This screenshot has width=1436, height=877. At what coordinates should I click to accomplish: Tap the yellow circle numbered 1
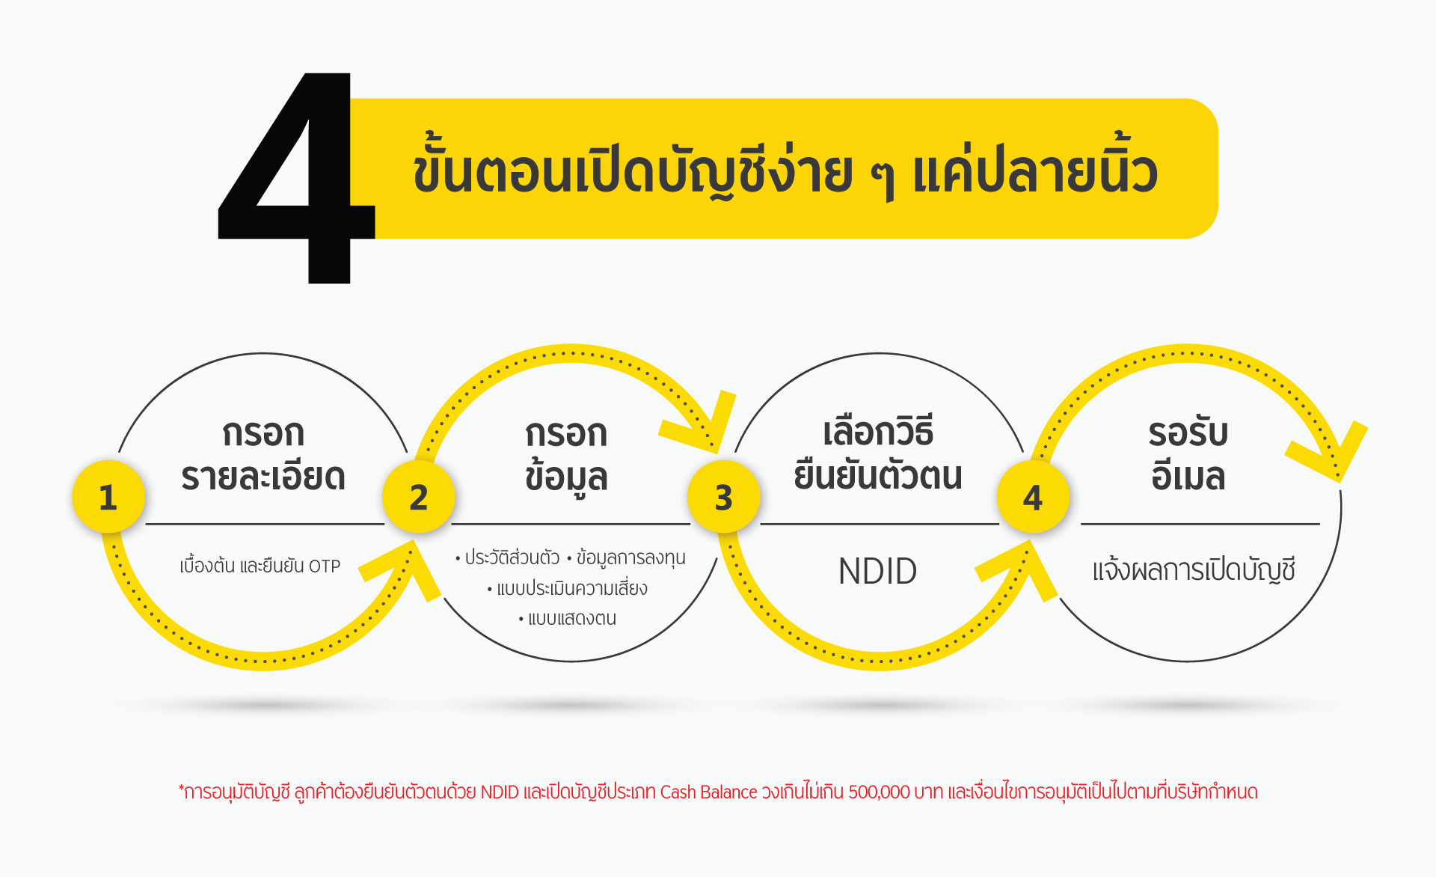tap(108, 497)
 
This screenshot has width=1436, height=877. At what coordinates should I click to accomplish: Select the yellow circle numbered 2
tap(419, 497)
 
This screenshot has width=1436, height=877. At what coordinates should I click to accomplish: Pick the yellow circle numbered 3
tap(724, 497)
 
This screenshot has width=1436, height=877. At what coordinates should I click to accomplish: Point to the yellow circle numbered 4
tap(1033, 497)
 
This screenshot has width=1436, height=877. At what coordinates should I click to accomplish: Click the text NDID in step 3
tap(877, 572)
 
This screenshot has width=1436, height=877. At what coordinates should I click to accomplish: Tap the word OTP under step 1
tap(325, 566)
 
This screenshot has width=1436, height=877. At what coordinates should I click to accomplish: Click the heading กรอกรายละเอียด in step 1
tap(263, 455)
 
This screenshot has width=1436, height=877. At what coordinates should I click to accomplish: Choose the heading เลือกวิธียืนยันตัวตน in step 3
tap(878, 453)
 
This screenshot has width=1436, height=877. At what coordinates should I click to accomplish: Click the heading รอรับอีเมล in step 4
tap(1188, 453)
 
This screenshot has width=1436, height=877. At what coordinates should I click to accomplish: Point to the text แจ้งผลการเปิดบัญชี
tap(1194, 571)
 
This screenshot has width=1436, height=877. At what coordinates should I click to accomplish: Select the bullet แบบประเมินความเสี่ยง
tap(568, 589)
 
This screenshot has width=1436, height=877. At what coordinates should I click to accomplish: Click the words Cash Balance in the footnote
tap(708, 792)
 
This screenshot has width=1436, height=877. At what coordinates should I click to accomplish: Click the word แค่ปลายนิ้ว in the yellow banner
tap(1035, 171)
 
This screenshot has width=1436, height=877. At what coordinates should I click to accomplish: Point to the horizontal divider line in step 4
tap(1200, 524)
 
